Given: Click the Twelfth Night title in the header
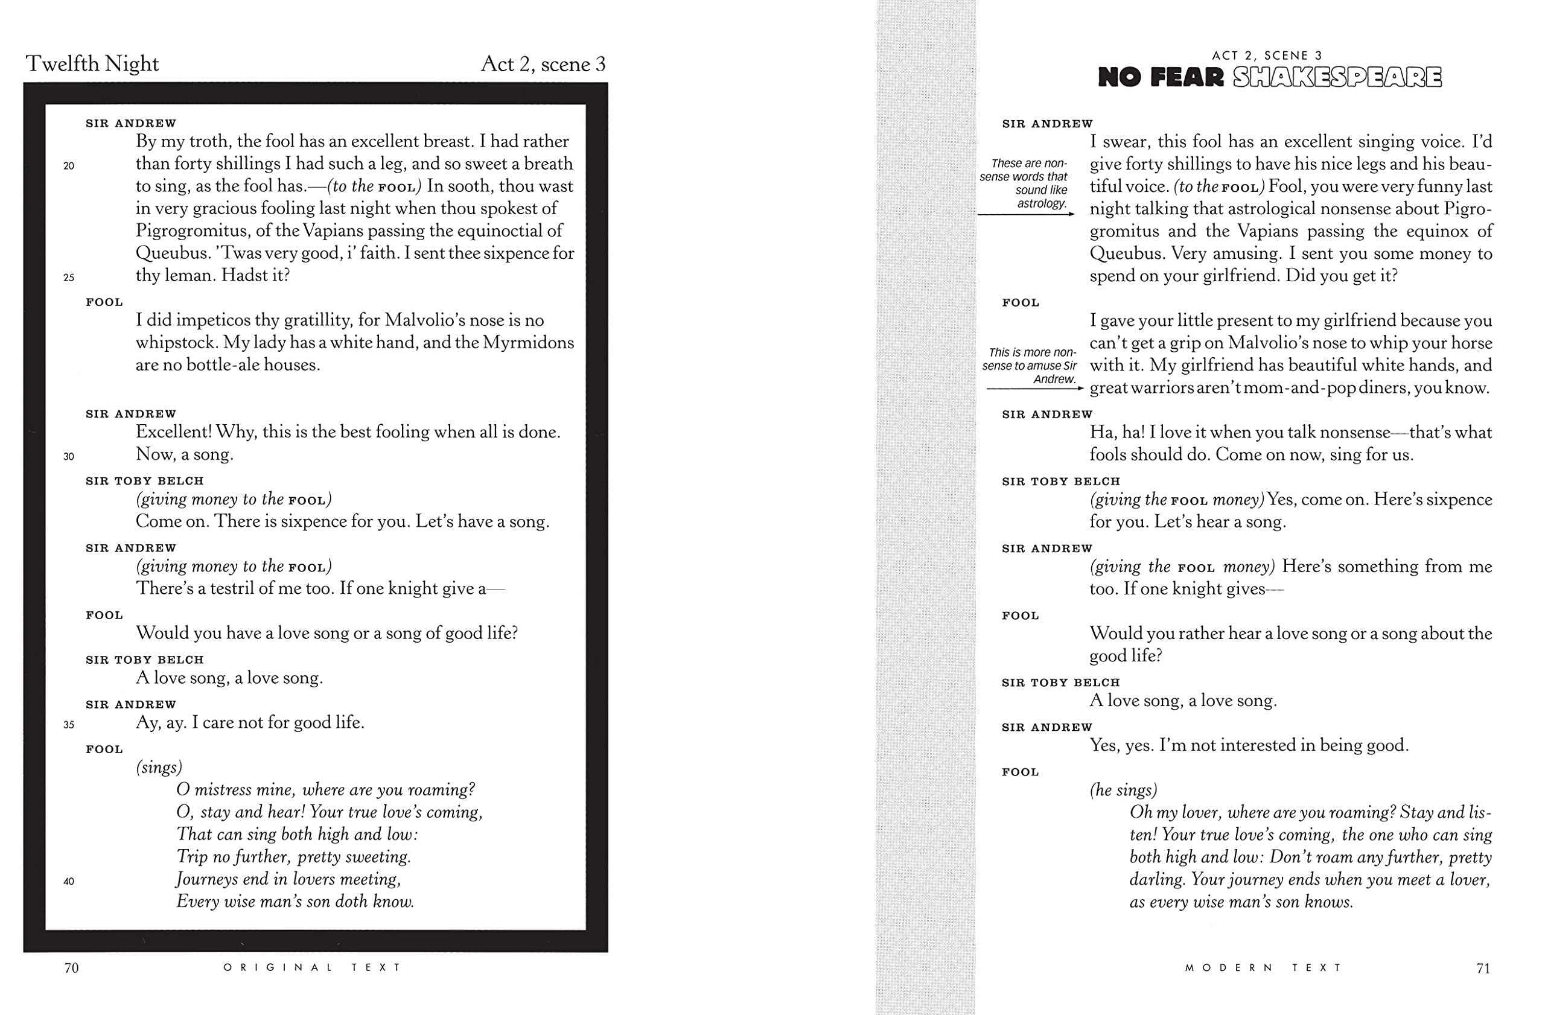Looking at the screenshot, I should (92, 63).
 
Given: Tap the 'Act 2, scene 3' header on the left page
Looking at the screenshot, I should (543, 64).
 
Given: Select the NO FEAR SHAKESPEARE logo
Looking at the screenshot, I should (1270, 77).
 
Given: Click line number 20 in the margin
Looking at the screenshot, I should (69, 166).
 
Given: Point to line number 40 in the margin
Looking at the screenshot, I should (69, 881).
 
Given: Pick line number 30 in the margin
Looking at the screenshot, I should (69, 456).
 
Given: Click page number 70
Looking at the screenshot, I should (71, 967).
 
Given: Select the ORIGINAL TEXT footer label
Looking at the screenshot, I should (312, 967).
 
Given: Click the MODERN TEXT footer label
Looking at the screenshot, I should (1263, 967).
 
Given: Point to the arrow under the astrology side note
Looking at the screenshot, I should (1025, 214).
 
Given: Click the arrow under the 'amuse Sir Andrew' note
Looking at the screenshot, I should (1035, 388).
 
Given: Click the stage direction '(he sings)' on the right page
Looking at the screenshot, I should (1123, 790).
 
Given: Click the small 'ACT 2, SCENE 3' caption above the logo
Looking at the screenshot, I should (1269, 56).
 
